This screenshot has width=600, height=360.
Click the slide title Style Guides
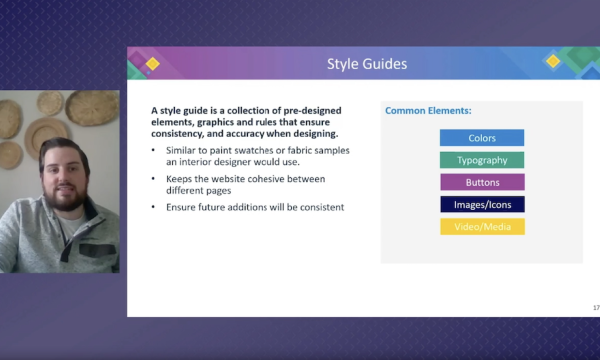[x=367, y=65]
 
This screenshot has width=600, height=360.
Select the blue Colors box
[x=481, y=138]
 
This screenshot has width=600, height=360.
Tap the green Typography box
[x=481, y=160]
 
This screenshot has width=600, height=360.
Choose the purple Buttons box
[x=481, y=182]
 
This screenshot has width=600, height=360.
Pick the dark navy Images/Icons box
[x=481, y=204]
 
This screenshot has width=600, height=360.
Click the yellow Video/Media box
[x=481, y=226]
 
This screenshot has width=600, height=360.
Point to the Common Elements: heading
[x=428, y=111]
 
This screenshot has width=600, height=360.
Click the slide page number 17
[x=583, y=307]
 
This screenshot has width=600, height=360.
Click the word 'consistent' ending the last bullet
[x=321, y=207]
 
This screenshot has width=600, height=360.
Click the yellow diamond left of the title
[x=153, y=65]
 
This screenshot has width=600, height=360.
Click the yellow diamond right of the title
[x=553, y=62]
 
